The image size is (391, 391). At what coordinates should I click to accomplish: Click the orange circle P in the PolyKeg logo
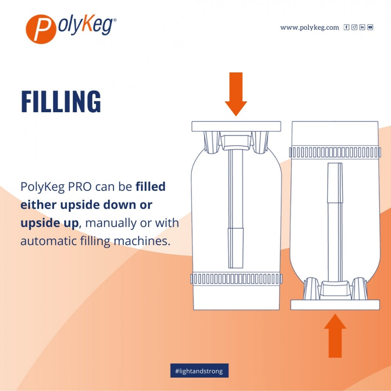[x=39, y=29]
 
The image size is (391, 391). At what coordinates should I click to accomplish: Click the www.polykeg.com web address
[x=309, y=27]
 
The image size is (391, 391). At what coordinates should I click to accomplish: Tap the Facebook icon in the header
[x=346, y=27]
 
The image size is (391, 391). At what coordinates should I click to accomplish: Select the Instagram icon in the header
[x=354, y=27]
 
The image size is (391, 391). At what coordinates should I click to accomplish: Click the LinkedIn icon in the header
[x=362, y=27]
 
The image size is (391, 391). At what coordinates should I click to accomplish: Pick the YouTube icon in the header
[x=370, y=27]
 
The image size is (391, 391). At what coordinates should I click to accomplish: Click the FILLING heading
[x=61, y=102]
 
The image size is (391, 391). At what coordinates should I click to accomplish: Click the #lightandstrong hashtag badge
[x=199, y=371]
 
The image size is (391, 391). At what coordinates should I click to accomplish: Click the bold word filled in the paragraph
[x=151, y=187]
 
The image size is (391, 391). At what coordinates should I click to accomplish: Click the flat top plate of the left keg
[x=236, y=126]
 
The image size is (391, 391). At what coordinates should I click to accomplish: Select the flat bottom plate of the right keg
[x=335, y=305]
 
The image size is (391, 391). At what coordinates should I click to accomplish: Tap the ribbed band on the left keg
[x=236, y=279]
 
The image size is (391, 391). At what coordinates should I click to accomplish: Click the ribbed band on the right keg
[x=335, y=152]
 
